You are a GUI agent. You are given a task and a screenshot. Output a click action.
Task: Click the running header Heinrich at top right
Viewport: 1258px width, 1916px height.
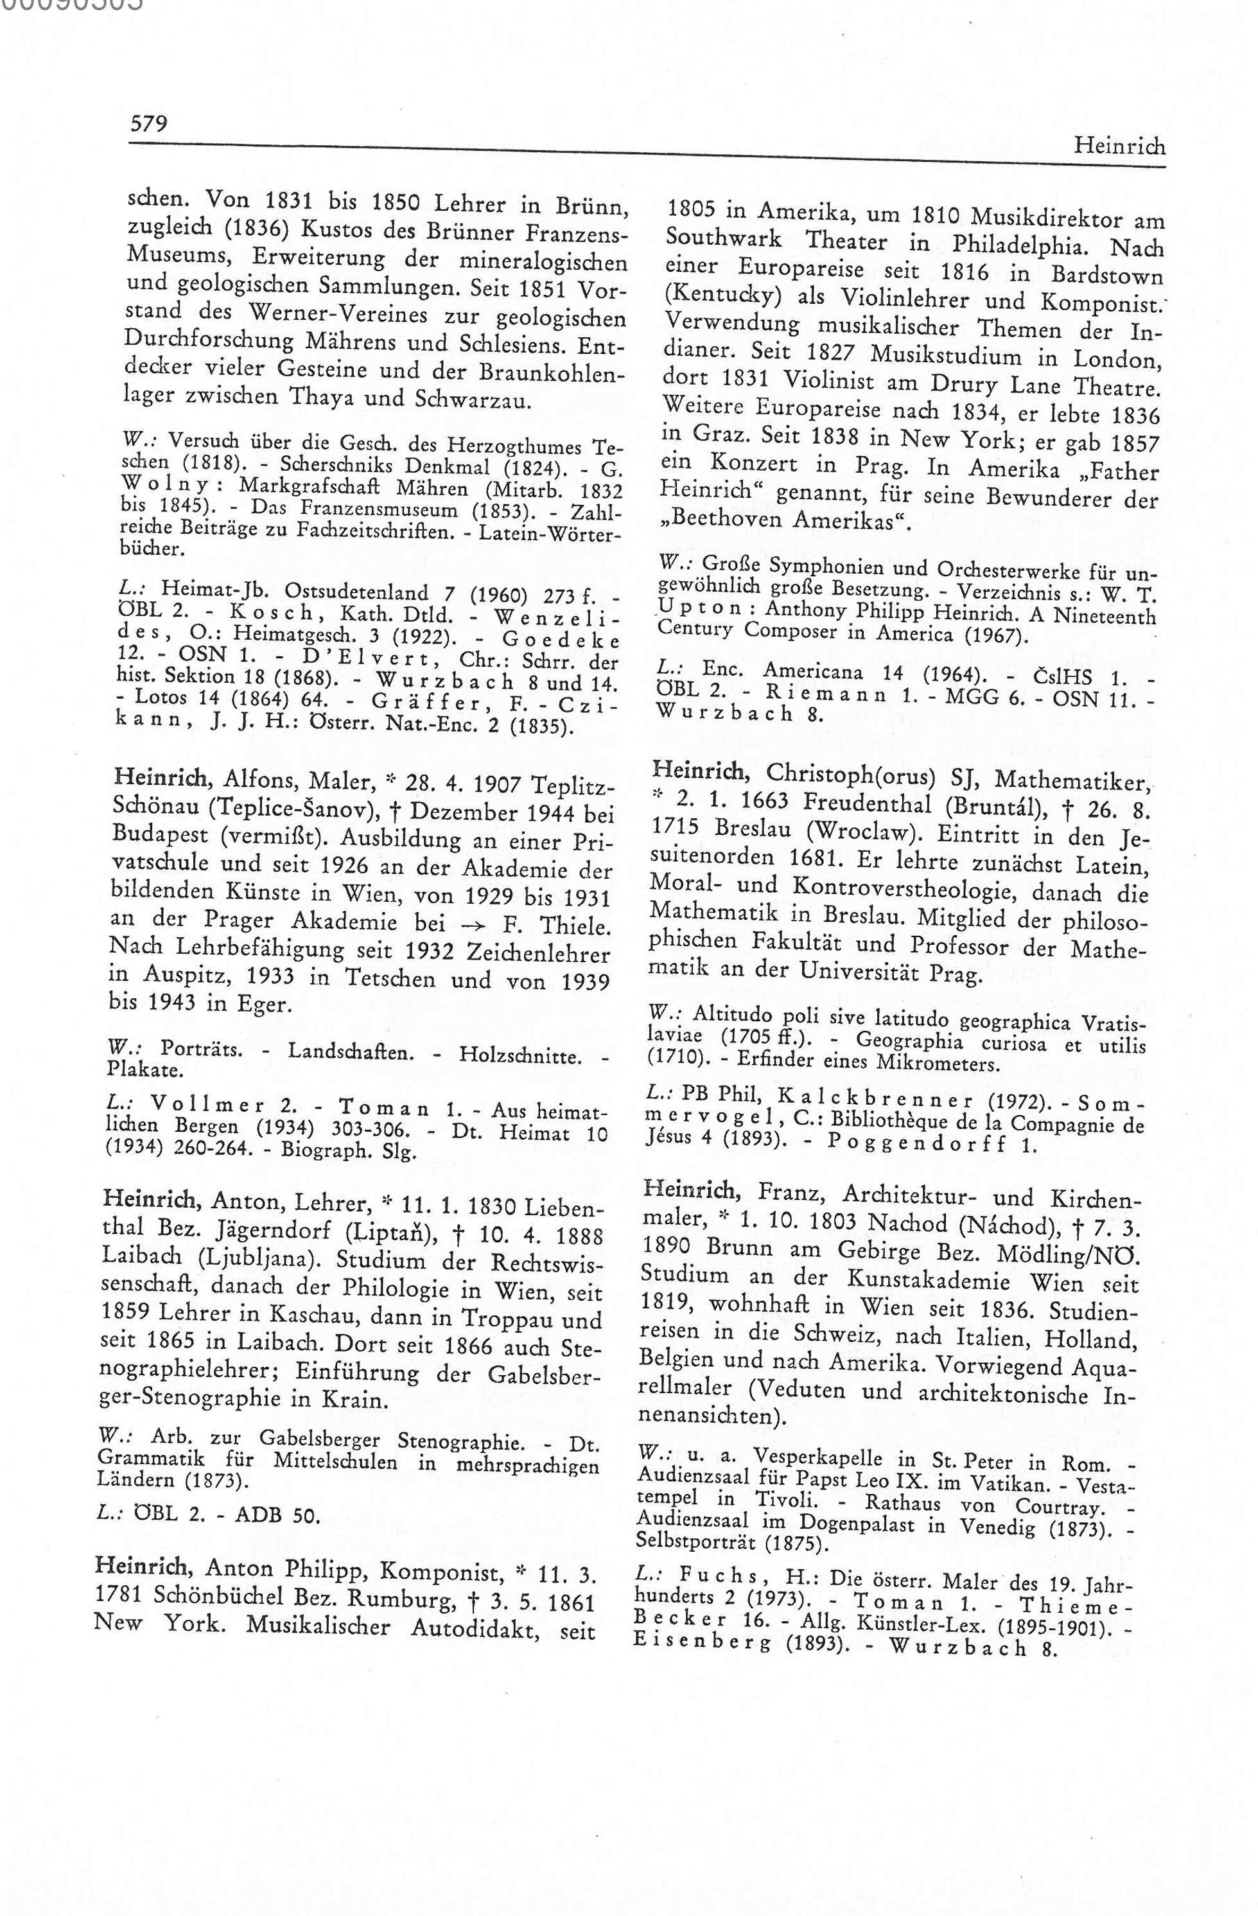1119,146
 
